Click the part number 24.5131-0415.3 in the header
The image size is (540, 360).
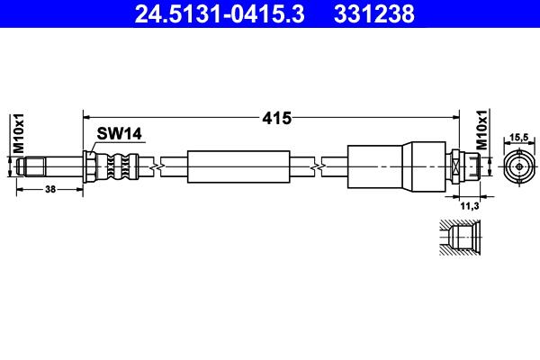[220, 14]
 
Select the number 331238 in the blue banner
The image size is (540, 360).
[374, 14]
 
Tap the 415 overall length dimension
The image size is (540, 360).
[276, 118]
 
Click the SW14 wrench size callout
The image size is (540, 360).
[119, 133]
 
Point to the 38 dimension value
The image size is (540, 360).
[50, 189]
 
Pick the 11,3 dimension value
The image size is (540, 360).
[470, 206]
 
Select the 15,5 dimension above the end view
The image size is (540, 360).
[519, 137]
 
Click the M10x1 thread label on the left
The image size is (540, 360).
[19, 133]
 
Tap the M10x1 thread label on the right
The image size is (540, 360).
[482, 130]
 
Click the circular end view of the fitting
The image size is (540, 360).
[519, 167]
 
